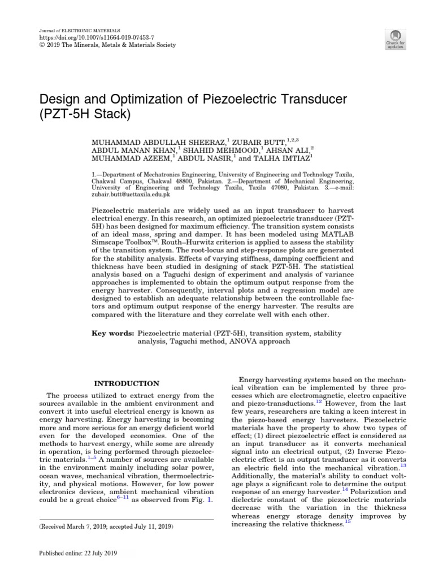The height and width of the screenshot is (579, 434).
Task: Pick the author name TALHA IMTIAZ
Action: (x=283, y=159)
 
